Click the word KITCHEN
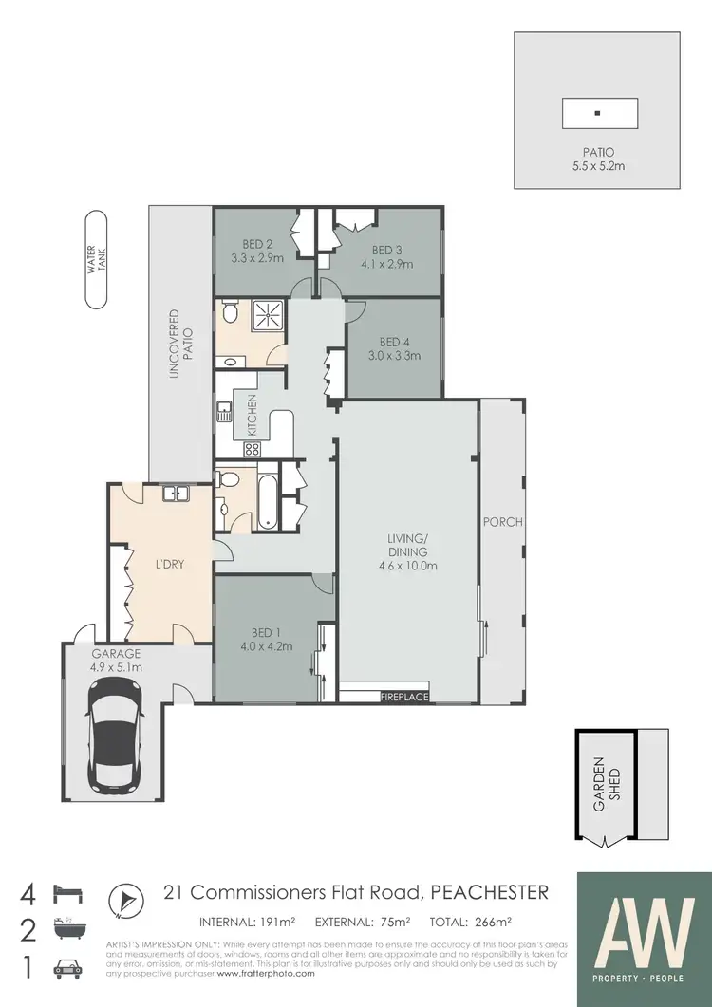(253, 415)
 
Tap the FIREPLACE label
(404, 698)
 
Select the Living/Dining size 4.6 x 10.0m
(406, 567)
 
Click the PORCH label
(502, 522)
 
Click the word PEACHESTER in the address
(490, 892)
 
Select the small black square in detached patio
(597, 114)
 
